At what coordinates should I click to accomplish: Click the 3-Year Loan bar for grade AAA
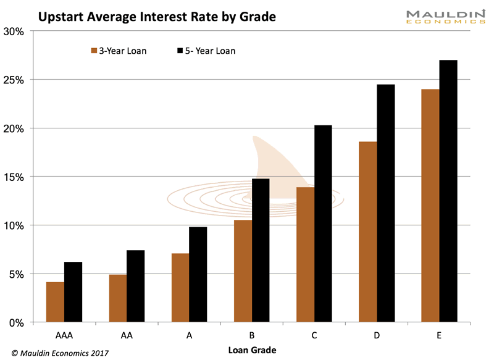click(x=55, y=302)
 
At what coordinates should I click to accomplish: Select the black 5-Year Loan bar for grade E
click(x=448, y=191)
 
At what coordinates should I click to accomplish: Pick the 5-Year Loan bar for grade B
click(x=261, y=250)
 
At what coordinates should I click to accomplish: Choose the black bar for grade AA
click(x=136, y=286)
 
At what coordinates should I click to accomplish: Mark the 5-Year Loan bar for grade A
click(x=198, y=274)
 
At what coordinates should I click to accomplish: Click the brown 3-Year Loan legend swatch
click(x=94, y=51)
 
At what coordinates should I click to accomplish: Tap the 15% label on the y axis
click(x=14, y=177)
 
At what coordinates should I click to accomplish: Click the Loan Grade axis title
click(x=251, y=350)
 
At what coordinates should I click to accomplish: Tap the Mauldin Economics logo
click(x=436, y=17)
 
